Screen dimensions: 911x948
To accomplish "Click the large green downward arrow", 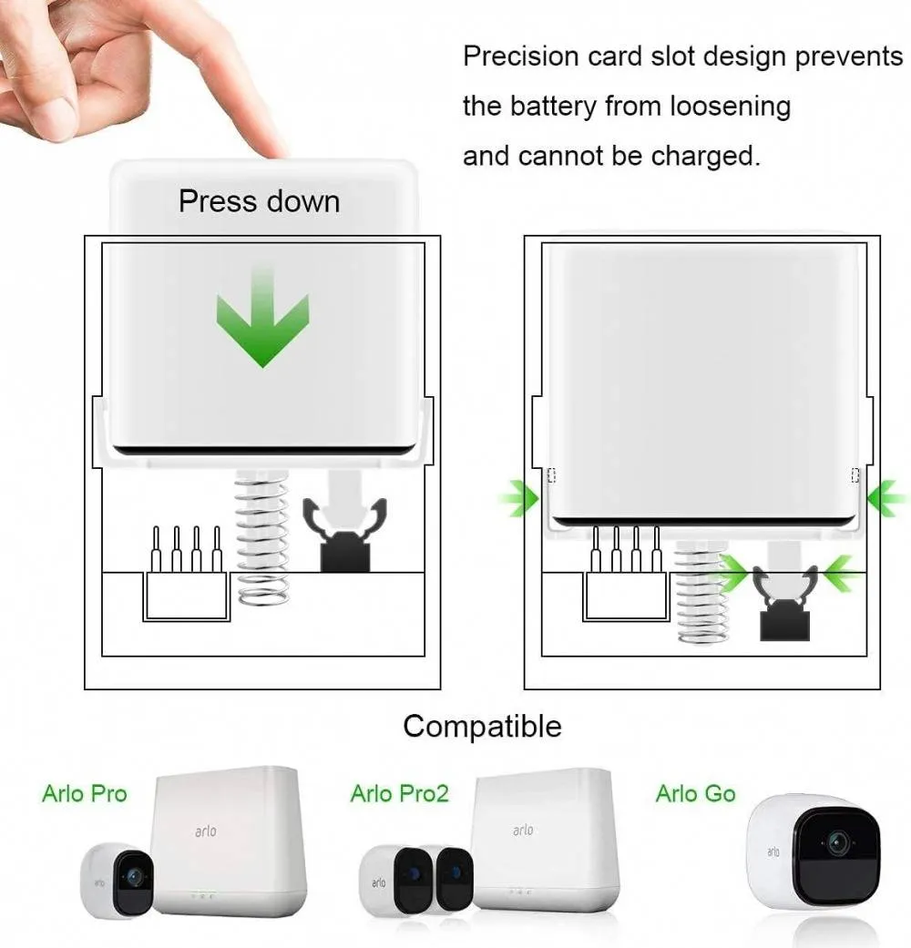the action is pyautogui.click(x=262, y=321).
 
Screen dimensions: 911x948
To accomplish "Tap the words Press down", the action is pyautogui.click(x=259, y=201).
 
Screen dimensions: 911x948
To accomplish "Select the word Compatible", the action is pyautogui.click(x=482, y=726).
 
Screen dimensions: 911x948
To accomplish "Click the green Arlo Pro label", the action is pyautogui.click(x=85, y=793).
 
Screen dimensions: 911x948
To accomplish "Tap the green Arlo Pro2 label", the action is pyautogui.click(x=399, y=793).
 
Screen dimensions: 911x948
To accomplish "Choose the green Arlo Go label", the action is pyautogui.click(x=696, y=793).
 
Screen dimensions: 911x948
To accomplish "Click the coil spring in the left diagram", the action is pyautogui.click(x=262, y=538).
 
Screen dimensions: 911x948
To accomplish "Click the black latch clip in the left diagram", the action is pyautogui.click(x=344, y=535).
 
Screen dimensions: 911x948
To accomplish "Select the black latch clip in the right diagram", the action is pyautogui.click(x=784, y=604).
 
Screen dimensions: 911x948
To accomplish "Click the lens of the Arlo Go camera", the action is pyautogui.click(x=838, y=841).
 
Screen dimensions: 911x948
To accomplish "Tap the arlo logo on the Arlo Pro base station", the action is pyautogui.click(x=206, y=831).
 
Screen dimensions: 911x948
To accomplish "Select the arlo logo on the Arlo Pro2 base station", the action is pyautogui.click(x=523, y=830).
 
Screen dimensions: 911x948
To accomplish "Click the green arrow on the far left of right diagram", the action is pyautogui.click(x=518, y=499).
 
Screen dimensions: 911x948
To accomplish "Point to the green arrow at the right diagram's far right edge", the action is pyautogui.click(x=887, y=499).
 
